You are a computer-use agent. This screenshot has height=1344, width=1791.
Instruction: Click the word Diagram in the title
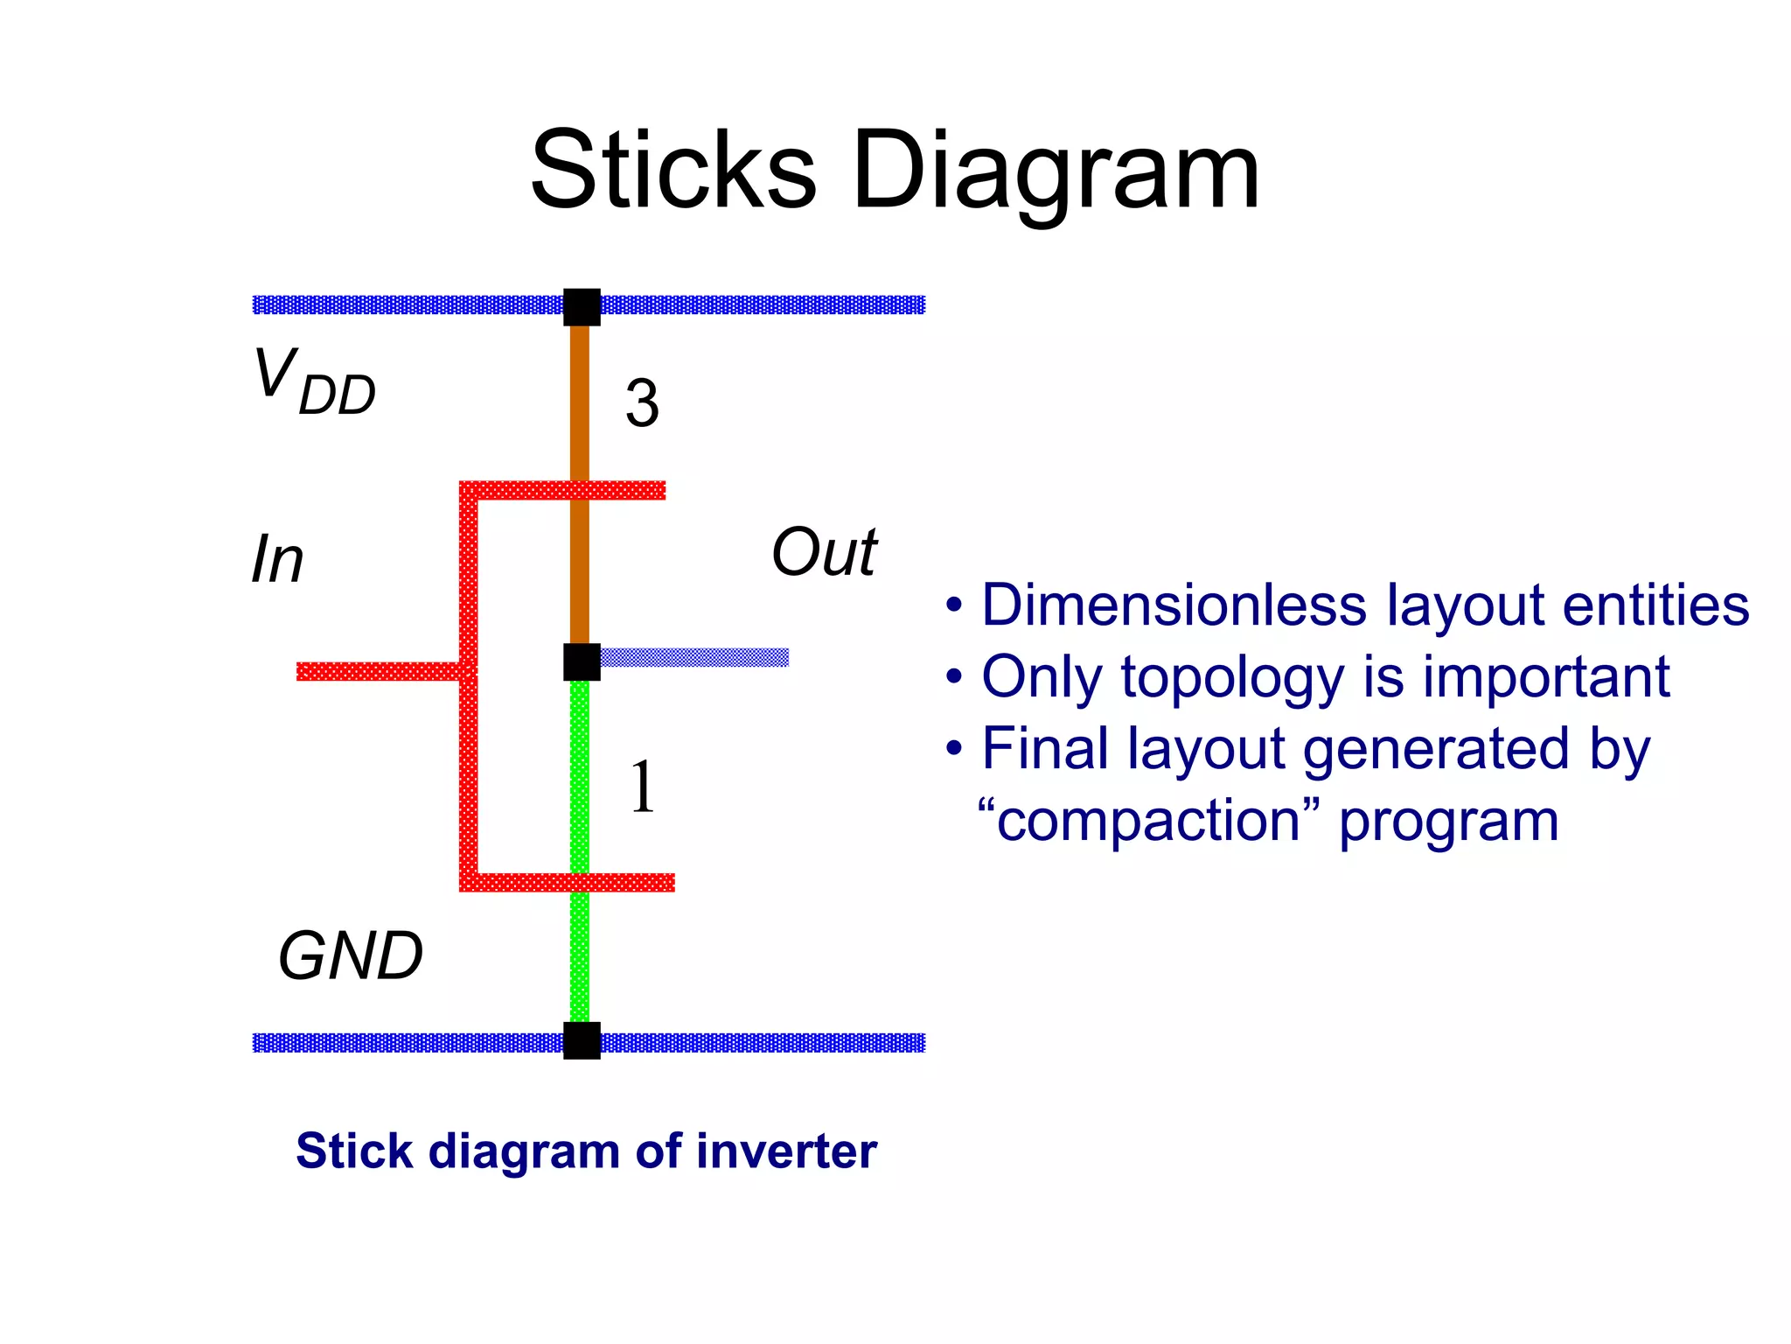(1056, 172)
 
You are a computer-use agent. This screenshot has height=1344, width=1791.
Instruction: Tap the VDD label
(314, 382)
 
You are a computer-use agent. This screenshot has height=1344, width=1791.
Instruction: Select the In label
(277, 559)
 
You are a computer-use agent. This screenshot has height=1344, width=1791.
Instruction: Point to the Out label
(824, 552)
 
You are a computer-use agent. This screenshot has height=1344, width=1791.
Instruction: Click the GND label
(350, 955)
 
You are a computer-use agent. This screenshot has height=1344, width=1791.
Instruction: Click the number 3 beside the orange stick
(642, 403)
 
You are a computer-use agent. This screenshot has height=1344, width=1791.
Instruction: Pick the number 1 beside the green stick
(643, 786)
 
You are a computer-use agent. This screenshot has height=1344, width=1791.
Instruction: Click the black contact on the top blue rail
(582, 306)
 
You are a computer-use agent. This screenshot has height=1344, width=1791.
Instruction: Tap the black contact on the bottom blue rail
(582, 1040)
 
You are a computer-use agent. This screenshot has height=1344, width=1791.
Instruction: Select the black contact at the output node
(582, 661)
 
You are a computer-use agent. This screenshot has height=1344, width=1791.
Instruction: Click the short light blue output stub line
(695, 657)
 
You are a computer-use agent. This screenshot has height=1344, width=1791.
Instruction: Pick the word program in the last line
(1448, 822)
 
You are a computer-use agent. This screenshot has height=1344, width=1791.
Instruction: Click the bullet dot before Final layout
(954, 749)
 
